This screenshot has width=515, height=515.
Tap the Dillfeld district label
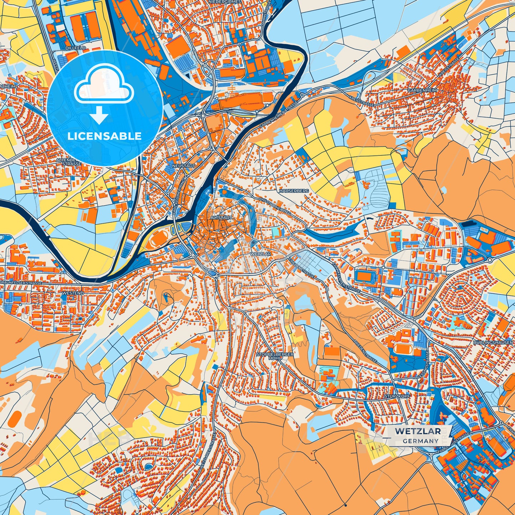[x=76, y=48]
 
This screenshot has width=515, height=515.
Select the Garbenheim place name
[x=423, y=91]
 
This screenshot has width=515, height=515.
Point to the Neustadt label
[x=184, y=166]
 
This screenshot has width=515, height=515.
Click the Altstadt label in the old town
[x=221, y=217]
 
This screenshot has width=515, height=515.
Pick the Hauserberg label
[x=294, y=191]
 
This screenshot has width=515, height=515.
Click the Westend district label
[x=73, y=293]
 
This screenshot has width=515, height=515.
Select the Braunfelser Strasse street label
[x=21, y=283]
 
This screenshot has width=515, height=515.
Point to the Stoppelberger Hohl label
[x=275, y=356]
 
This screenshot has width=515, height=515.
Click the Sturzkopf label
[x=397, y=396]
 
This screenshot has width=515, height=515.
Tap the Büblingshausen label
[x=493, y=343]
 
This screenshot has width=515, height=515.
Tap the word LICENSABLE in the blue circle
[x=104, y=136]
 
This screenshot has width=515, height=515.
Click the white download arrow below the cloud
[x=99, y=115]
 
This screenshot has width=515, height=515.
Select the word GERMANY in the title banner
[x=421, y=441]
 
